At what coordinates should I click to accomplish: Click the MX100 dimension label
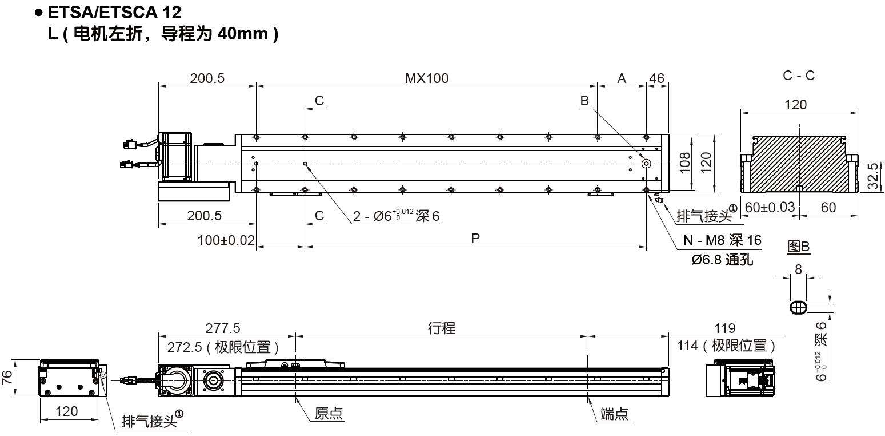coord(426,78)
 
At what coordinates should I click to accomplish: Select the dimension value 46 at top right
coord(657,78)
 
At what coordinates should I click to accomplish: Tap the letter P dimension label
coord(475,239)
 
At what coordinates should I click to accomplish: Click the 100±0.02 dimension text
coord(226,240)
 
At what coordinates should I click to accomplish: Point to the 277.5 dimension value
coord(223,328)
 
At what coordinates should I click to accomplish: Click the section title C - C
coord(799,75)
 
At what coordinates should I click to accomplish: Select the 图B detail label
coord(798,247)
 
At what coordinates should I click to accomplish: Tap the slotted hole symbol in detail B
coord(798,307)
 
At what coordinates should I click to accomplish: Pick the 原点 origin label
coord(329,413)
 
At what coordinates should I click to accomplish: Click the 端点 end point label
coord(615,413)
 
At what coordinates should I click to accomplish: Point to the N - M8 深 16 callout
coord(722,240)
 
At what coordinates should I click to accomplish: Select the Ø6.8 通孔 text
coord(722,260)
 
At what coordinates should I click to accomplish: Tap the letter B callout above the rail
coord(584,101)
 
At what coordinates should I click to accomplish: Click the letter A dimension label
coord(622,78)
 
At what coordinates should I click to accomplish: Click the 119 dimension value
coord(725,328)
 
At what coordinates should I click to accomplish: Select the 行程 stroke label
coord(442,328)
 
